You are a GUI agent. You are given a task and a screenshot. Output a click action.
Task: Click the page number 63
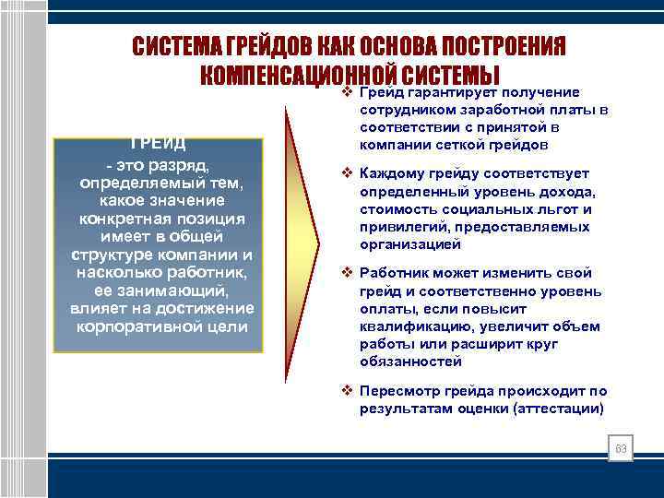pyautogui.click(x=621, y=449)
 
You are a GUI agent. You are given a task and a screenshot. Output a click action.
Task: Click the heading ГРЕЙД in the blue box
pyautogui.click(x=158, y=144)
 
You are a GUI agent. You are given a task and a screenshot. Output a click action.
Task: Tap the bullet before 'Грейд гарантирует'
pyautogui.click(x=348, y=92)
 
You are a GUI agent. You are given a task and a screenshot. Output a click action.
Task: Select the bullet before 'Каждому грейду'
pyautogui.click(x=348, y=173)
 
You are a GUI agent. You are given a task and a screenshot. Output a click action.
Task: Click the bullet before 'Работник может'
pyautogui.click(x=348, y=274)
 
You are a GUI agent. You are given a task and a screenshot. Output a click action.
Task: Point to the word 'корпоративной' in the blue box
pyautogui.click(x=126, y=326)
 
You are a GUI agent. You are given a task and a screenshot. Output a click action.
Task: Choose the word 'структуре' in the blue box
pyautogui.click(x=109, y=254)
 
